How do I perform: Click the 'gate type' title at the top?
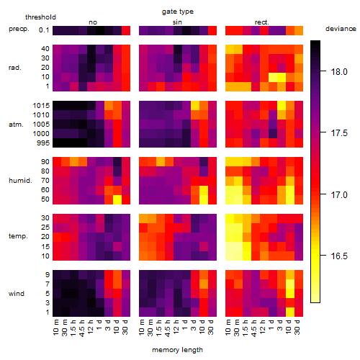pyautogui.click(x=178, y=12)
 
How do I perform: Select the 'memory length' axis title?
pyautogui.click(x=177, y=350)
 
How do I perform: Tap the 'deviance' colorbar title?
pyautogui.click(x=341, y=29)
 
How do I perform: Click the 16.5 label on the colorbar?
pyautogui.click(x=339, y=256)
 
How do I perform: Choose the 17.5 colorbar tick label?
pyautogui.click(x=339, y=133)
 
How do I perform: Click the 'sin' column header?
pyautogui.click(x=177, y=22)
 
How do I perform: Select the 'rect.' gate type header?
pyautogui.click(x=262, y=22)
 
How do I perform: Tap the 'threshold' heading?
pyautogui.click(x=40, y=17)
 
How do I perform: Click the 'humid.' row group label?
pyautogui.click(x=20, y=181)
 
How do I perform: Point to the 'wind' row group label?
pyautogui.click(x=17, y=294)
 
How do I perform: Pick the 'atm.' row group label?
pyautogui.click(x=16, y=125)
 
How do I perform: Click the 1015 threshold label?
pyautogui.click(x=41, y=106)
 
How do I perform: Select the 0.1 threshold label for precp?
pyautogui.click(x=44, y=30)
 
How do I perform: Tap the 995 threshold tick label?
pyautogui.click(x=43, y=143)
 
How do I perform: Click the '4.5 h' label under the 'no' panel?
pyautogui.click(x=82, y=328)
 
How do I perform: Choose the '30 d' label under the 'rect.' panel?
pyautogui.click(x=297, y=327)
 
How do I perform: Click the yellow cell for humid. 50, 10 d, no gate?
pyautogui.click(x=117, y=199)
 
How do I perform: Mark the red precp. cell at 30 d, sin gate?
pyautogui.click(x=212, y=30)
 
